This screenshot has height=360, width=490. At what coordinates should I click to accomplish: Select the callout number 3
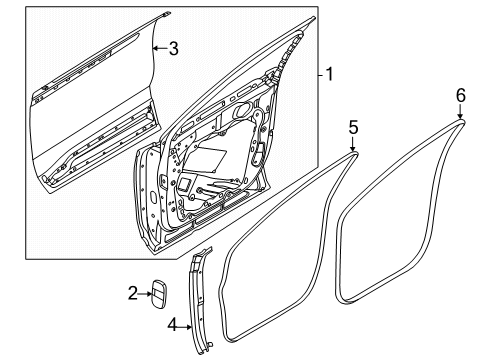pyautogui.click(x=174, y=47)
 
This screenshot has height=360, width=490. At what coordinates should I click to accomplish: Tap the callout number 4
pyautogui.click(x=172, y=324)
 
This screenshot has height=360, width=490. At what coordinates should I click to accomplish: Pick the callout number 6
pyautogui.click(x=461, y=94)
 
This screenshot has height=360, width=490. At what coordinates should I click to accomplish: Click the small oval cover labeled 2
pyautogui.click(x=160, y=295)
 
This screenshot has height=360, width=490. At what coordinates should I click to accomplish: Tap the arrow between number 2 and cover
pyautogui.click(x=145, y=293)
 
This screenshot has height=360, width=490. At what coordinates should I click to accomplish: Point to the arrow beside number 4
pyautogui.click(x=187, y=324)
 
